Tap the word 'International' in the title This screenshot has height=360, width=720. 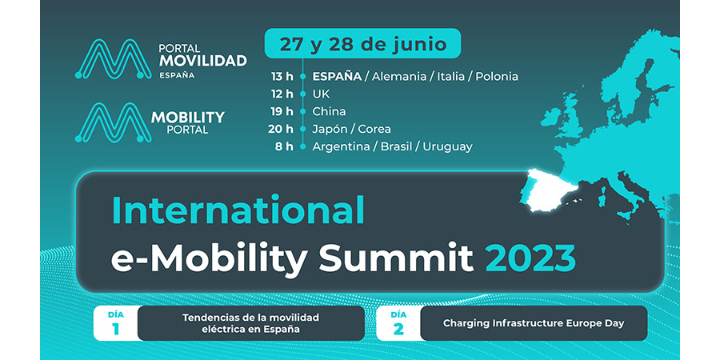tap(238, 210)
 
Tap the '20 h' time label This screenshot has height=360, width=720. tap(282, 129)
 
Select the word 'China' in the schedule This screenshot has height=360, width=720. tap(330, 111)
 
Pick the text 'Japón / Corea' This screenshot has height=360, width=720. tap(352, 129)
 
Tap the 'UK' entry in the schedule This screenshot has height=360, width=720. tap(321, 93)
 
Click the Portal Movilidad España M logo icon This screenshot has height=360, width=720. tap(112, 59)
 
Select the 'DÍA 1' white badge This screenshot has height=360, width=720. tap(115, 323)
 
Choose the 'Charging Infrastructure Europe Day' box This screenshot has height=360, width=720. tap(532, 323)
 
